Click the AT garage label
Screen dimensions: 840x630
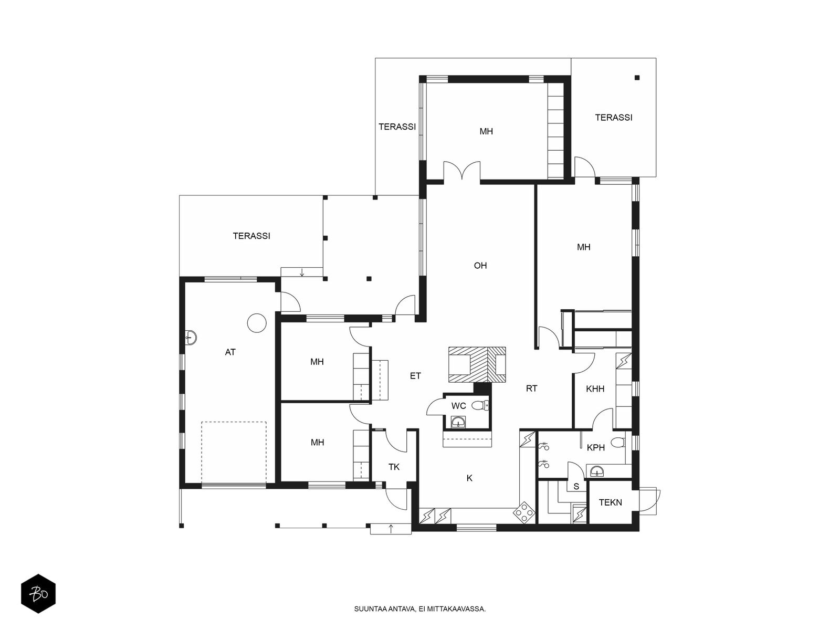click(230, 352)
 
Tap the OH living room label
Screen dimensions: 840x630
click(480, 266)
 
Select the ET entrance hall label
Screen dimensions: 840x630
click(415, 376)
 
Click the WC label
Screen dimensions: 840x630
click(458, 406)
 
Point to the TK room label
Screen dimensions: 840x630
click(394, 467)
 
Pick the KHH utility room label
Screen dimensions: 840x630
click(595, 389)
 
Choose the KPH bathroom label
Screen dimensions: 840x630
click(596, 447)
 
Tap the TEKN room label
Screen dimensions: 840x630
click(611, 502)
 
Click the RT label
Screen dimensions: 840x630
click(531, 388)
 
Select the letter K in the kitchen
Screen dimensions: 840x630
click(469, 478)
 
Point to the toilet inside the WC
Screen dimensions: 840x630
click(480, 405)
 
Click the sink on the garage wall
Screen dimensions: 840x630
click(191, 338)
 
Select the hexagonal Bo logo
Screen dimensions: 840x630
click(38, 594)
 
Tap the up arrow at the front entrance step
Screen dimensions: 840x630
click(391, 529)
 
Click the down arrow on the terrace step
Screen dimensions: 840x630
click(302, 272)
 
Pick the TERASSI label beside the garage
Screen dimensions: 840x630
click(251, 236)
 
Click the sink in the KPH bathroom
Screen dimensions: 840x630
click(597, 471)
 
